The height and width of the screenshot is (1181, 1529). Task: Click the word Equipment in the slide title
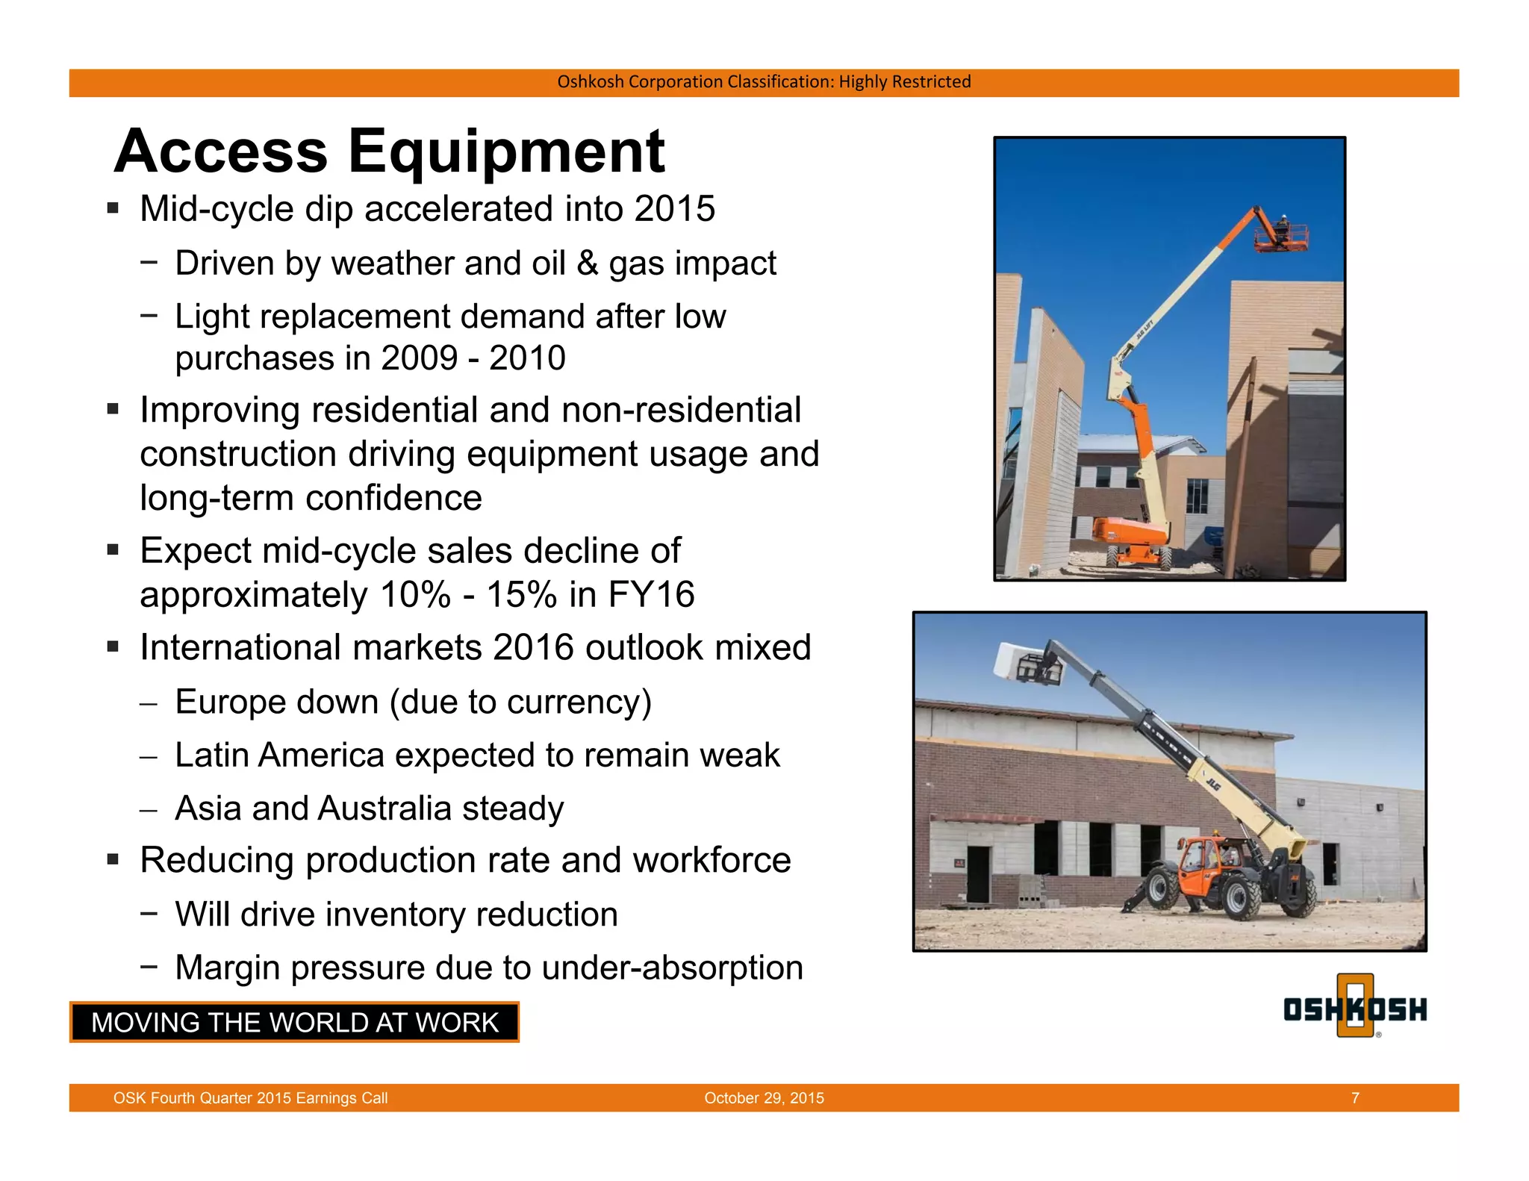[506, 152]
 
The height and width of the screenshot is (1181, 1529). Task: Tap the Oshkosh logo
[1354, 1008]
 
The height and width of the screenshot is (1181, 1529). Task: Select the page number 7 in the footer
[1355, 1098]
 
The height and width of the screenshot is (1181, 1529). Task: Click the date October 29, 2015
[764, 1098]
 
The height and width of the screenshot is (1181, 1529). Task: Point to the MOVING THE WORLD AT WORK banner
[294, 1022]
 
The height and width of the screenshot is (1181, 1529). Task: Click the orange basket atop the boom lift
[1281, 237]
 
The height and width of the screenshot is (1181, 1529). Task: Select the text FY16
[651, 595]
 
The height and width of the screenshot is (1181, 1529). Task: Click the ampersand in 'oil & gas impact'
[588, 264]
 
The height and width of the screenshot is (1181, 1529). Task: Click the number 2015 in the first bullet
[674, 209]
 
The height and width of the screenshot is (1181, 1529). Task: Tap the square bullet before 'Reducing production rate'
[113, 859]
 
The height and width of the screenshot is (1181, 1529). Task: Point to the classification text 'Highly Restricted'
[904, 81]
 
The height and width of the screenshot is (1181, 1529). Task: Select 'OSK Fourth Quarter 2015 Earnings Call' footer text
[250, 1098]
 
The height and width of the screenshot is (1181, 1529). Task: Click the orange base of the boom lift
[1130, 532]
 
